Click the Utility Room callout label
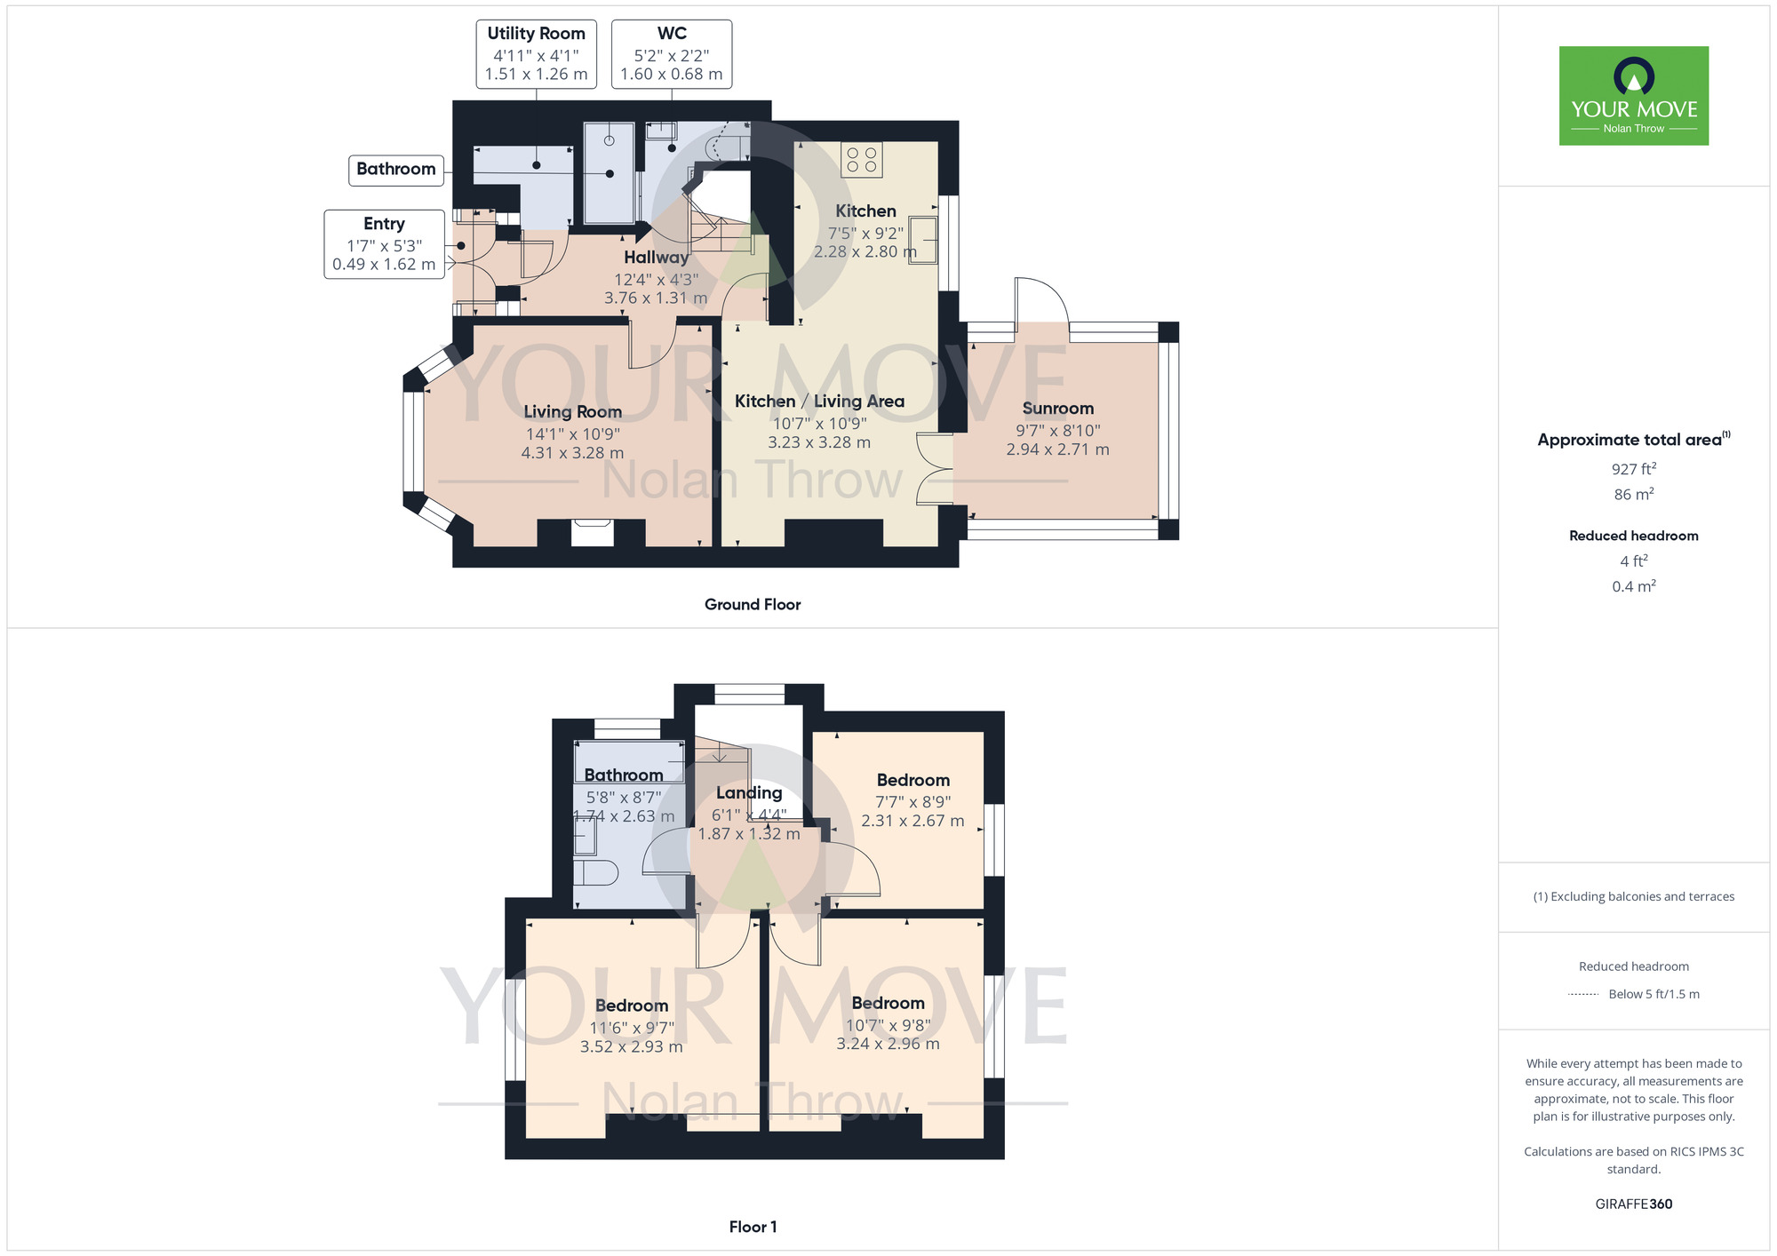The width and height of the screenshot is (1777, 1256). (536, 54)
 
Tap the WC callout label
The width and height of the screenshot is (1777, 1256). (672, 54)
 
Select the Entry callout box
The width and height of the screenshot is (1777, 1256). (384, 244)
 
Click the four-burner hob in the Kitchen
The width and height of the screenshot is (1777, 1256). (862, 160)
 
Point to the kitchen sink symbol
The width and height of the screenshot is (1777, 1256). (923, 240)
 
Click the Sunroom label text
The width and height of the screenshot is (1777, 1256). (1057, 409)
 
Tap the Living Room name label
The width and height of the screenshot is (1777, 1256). (572, 411)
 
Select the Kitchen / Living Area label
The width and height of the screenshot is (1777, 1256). (819, 401)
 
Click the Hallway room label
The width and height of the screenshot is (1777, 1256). (656, 258)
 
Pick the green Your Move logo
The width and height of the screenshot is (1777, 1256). (1634, 96)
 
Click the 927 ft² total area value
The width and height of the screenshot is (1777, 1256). (1634, 469)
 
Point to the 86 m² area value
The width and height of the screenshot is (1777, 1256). (1634, 494)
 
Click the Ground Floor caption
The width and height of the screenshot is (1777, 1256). (753, 605)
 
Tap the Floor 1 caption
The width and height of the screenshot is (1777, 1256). (753, 1227)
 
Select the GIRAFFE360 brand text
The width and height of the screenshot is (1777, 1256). (1634, 1204)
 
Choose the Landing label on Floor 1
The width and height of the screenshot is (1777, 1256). (749, 792)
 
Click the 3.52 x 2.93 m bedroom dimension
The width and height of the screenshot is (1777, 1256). (631, 1047)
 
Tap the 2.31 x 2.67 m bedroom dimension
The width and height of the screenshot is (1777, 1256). (912, 821)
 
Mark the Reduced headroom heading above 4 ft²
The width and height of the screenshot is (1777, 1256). (1634, 536)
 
